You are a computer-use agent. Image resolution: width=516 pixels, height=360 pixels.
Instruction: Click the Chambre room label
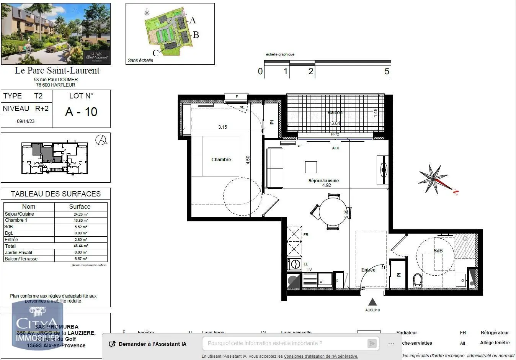[x=221, y=160]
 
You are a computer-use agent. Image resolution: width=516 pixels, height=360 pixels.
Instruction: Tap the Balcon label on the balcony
[x=335, y=113]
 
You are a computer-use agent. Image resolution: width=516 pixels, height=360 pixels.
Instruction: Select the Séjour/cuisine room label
[x=323, y=180]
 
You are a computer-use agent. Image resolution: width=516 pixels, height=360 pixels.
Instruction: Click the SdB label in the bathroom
[x=438, y=251]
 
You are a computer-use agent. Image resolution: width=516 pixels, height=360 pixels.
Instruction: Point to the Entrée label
[x=368, y=270]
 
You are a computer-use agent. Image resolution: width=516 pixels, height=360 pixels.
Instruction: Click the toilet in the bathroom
[x=418, y=280]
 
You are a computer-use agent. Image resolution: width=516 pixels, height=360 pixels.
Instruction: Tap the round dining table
[x=333, y=212]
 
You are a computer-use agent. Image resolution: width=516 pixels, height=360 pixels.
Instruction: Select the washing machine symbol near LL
[x=294, y=264]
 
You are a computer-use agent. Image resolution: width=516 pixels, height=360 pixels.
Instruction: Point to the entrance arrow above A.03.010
[x=372, y=302]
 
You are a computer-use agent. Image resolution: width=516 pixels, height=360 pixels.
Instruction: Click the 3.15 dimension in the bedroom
[x=222, y=127]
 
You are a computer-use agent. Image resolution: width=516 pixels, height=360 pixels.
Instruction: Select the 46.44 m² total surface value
[x=80, y=246]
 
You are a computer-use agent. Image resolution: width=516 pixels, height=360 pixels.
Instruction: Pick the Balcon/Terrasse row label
[x=21, y=259]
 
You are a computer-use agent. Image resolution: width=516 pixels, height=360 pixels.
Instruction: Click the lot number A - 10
[x=81, y=112]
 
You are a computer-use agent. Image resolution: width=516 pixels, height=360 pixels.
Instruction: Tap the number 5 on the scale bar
[x=387, y=72]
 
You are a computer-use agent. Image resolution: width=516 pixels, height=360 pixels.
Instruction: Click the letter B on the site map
[x=196, y=35]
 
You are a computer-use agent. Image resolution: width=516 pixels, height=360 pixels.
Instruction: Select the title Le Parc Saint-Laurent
[x=57, y=70]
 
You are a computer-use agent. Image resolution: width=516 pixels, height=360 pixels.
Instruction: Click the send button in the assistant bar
[x=372, y=344]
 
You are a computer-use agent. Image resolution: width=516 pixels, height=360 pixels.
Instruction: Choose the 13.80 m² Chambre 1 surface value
[x=80, y=221]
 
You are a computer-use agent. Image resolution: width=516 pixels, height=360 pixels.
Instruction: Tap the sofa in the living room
[x=274, y=168]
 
